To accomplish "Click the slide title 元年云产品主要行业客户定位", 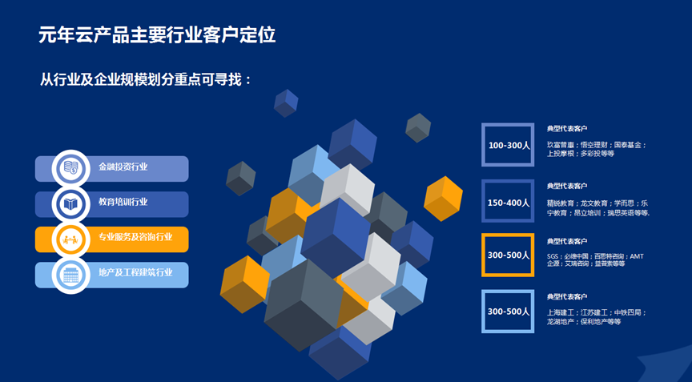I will click(x=158, y=35).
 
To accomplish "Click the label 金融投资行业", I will click(x=123, y=167).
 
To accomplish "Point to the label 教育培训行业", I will click(x=123, y=203).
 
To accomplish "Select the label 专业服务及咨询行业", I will click(x=135, y=238).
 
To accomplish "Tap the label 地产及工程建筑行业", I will click(x=135, y=273).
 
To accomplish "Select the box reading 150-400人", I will click(x=508, y=202).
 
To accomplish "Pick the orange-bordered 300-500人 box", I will click(x=508, y=255).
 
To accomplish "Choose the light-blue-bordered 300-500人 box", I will click(x=508, y=311).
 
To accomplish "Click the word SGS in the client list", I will click(x=553, y=256).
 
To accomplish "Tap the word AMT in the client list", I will click(x=637, y=256).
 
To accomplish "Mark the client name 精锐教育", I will click(x=561, y=203).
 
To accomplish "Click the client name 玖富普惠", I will click(x=561, y=145).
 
